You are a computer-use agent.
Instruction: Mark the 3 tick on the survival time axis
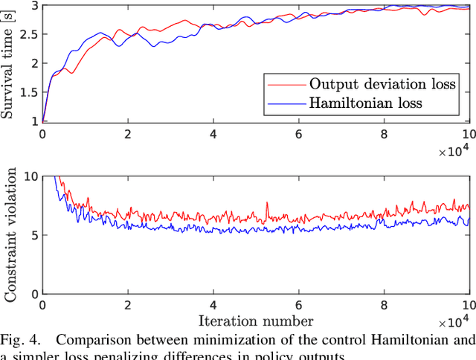tap(33, 6)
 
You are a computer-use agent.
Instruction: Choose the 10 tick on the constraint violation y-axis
tap(30, 177)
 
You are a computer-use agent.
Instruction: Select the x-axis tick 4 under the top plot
tap(213, 134)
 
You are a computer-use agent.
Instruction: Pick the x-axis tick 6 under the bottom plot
tap(298, 305)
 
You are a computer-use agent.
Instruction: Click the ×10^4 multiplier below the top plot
tap(453, 152)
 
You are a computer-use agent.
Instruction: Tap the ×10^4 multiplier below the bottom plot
tap(453, 323)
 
